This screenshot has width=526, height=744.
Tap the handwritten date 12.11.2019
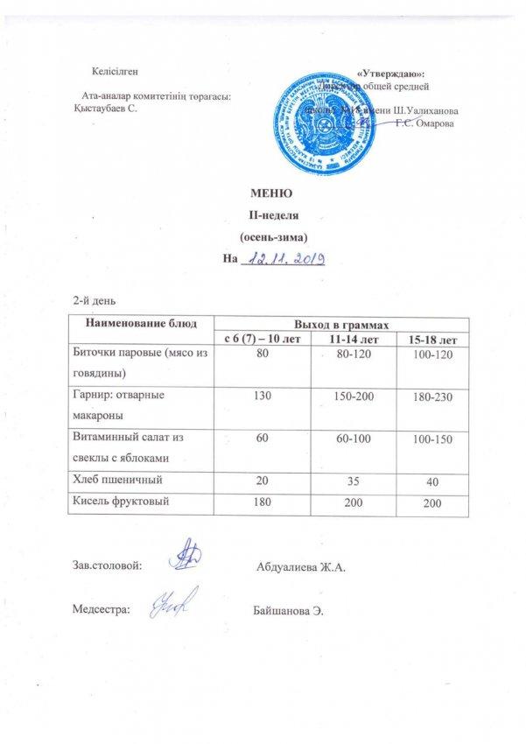coord(284,258)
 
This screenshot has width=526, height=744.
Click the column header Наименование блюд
coord(142,325)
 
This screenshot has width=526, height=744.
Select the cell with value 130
coord(259,397)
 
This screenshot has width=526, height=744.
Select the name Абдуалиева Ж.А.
coord(303,569)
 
